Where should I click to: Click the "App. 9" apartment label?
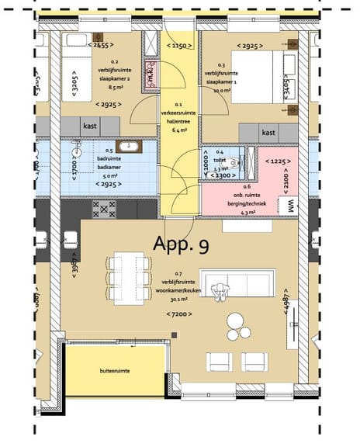coord(181,245)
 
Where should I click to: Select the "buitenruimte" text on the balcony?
coord(114,371)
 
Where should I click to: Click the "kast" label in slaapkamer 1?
coord(268,133)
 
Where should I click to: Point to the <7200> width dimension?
coord(181,314)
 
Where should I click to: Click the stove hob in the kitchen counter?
coord(103,208)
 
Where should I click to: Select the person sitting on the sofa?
coord(226,289)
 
